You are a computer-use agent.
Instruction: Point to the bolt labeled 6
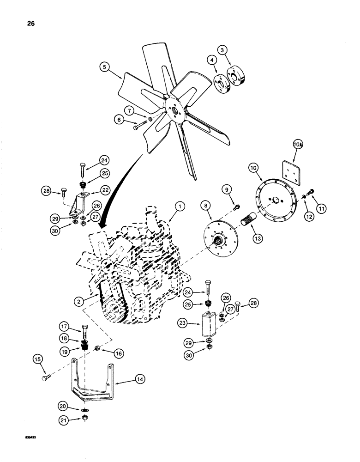[137, 126]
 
